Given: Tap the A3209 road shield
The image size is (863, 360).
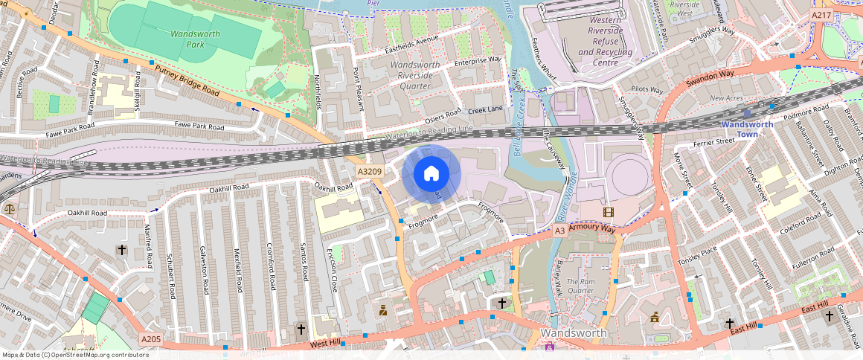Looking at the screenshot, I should (369, 172).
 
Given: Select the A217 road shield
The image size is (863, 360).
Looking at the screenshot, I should (821, 15).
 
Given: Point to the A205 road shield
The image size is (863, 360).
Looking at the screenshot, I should (151, 339).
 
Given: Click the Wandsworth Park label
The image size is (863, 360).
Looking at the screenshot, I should (186, 39).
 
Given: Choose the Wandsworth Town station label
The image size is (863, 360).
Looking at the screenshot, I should (747, 124).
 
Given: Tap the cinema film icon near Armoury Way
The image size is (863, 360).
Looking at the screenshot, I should (609, 213).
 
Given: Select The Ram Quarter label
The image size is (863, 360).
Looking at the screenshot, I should (580, 286).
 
